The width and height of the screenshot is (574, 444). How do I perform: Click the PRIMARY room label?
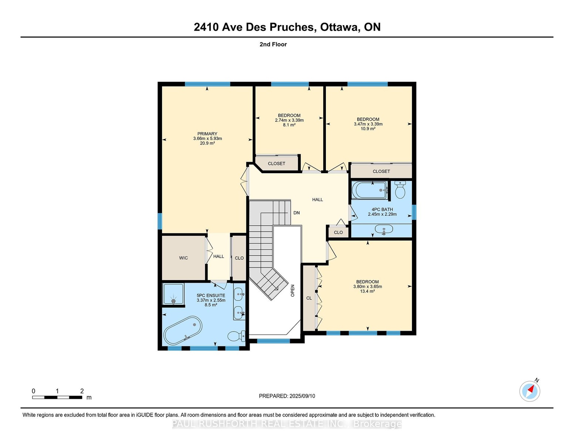tap(207, 134)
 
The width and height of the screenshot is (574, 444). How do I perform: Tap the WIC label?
tap(183, 258)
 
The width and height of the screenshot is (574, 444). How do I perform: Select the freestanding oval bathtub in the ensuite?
tap(183, 330)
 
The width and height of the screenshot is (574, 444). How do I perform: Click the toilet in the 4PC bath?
tap(400, 190)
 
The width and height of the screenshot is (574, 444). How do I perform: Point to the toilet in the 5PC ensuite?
tap(236, 336)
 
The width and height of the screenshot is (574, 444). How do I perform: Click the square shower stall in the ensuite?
tap(173, 294)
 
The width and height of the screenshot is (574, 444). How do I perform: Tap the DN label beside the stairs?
tap(296, 213)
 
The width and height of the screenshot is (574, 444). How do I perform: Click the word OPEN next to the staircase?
tap(293, 290)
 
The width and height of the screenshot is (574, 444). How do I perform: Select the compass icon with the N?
tap(530, 391)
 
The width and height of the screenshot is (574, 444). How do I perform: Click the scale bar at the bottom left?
tap(57, 397)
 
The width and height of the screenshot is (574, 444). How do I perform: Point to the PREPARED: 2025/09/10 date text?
tap(287, 396)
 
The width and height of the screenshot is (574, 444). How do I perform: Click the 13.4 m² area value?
tap(367, 291)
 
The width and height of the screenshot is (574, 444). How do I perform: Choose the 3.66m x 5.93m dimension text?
tap(207, 138)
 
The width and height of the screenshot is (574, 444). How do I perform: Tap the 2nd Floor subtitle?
tap(273, 44)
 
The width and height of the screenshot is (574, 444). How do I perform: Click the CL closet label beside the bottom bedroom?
tap(309, 298)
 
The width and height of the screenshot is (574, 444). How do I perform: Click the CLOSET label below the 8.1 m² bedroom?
tap(276, 164)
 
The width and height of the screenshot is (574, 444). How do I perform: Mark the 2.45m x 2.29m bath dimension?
tap(382, 214)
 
